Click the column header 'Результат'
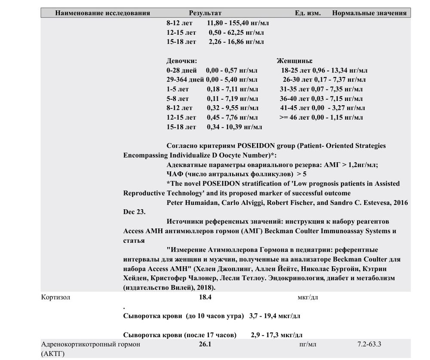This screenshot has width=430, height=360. [x=205, y=13]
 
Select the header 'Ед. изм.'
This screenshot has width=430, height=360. [x=307, y=13]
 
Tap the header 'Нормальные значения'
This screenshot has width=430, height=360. [x=369, y=13]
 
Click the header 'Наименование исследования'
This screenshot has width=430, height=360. [x=102, y=13]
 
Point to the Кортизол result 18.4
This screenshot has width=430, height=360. [x=205, y=297]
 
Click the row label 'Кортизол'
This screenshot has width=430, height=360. [x=55, y=297]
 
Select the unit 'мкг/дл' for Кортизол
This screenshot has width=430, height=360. [x=308, y=297]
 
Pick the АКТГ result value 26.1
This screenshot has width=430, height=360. [x=205, y=345]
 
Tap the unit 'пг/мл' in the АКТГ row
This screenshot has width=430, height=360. [x=308, y=345]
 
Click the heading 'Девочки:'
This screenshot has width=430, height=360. [x=181, y=61]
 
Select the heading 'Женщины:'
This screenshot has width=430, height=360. [x=295, y=61]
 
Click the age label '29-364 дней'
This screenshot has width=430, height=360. [x=185, y=79]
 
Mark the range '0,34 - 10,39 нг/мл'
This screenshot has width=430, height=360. [x=234, y=127]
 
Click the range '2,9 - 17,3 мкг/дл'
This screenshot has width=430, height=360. [x=276, y=335]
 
